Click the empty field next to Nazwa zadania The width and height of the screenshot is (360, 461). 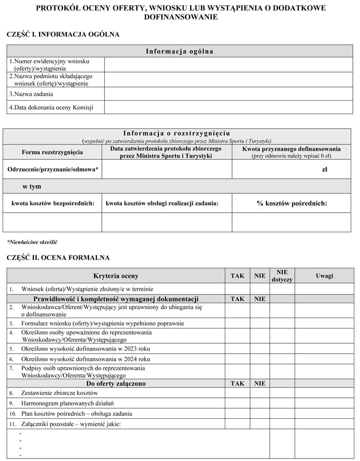(x=228, y=94)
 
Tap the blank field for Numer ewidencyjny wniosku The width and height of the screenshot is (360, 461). (x=228, y=64)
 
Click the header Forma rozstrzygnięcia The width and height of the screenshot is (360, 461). (x=52, y=152)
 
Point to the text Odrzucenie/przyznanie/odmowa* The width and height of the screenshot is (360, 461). (x=53, y=169)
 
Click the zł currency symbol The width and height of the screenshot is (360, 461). (x=324, y=169)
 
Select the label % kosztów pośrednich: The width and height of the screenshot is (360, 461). (x=292, y=203)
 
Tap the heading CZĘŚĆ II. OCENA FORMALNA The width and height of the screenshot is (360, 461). (x=58, y=257)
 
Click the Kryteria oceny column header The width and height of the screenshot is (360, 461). (x=116, y=276)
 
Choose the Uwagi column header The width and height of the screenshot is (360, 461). (x=324, y=276)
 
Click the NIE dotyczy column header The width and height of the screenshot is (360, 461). (x=282, y=276)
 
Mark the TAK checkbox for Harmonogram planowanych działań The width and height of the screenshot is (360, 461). (x=237, y=403)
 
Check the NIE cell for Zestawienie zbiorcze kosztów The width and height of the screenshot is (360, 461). (x=260, y=393)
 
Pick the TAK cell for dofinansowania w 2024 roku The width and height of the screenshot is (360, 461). (x=237, y=358)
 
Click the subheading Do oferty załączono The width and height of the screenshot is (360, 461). (x=116, y=383)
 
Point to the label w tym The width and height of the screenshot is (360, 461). (x=31, y=187)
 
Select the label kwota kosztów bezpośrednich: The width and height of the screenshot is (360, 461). (x=53, y=204)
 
